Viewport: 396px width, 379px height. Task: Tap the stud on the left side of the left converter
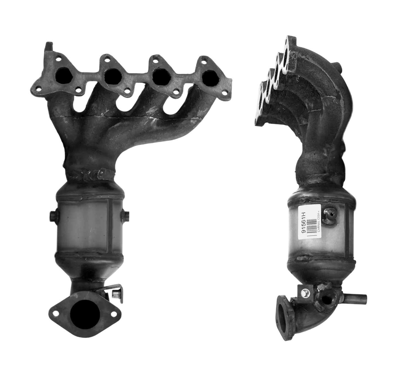[x=52, y=215]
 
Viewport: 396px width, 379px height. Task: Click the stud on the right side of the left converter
[x=127, y=215]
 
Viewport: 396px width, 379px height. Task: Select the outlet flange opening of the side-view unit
[x=282, y=311]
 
